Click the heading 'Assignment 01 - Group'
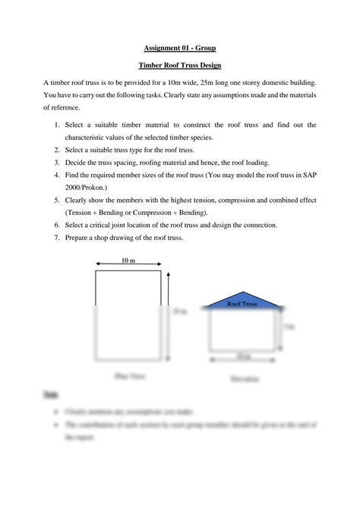pyautogui.click(x=179, y=47)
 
